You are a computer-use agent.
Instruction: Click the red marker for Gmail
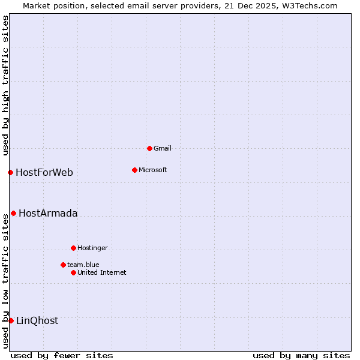click(x=149, y=148)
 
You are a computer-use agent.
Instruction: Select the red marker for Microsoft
click(x=134, y=170)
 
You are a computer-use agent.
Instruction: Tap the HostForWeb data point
click(x=10, y=172)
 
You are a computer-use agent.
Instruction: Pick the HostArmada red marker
click(x=13, y=213)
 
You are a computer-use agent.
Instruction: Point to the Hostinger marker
click(x=73, y=248)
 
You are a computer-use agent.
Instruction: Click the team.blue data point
click(x=63, y=265)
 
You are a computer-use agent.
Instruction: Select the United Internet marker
click(x=73, y=272)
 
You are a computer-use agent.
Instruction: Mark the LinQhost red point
click(x=11, y=320)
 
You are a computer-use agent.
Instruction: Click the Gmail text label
click(x=163, y=148)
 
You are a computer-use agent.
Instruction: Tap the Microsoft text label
click(x=153, y=170)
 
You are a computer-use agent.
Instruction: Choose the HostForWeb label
click(x=44, y=173)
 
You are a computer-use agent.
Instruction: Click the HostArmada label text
click(x=48, y=214)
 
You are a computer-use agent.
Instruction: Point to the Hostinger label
click(x=92, y=248)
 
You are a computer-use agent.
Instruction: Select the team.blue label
click(x=83, y=265)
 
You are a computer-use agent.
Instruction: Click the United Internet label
click(x=102, y=272)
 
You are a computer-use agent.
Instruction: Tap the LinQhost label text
click(x=37, y=321)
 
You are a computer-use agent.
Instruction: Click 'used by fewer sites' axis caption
click(x=62, y=355)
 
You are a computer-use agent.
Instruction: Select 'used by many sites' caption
click(x=301, y=355)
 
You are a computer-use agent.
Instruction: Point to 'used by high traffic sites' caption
click(x=5, y=86)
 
